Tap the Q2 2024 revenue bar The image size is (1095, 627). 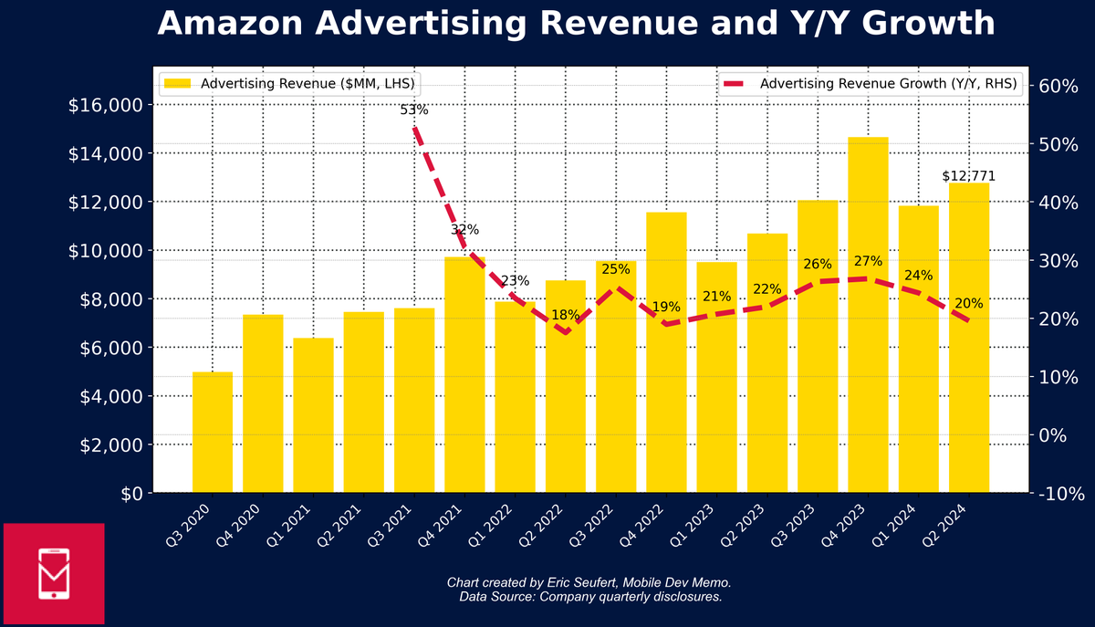pos(969,338)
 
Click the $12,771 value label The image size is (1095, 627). pos(968,176)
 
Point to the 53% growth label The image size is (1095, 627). pos(414,110)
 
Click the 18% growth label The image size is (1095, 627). pos(566,315)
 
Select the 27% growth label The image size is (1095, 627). pos(868,262)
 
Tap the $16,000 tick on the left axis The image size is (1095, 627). pos(105,105)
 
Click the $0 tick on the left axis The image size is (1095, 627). pos(129,494)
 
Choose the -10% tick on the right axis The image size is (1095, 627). pos(1058,494)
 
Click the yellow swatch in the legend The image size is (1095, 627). pos(177,84)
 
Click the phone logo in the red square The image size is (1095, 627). pos(54,573)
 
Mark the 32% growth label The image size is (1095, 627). pos(464,229)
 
